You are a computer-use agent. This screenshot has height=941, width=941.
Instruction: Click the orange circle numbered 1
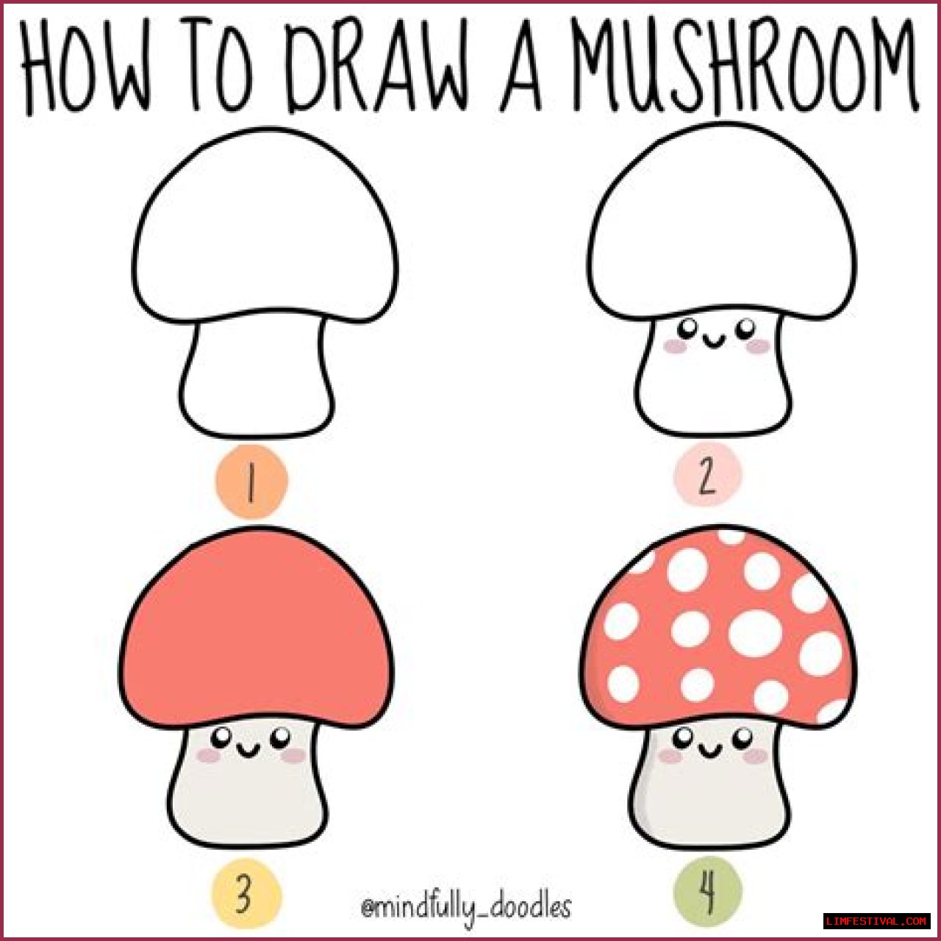tap(251, 481)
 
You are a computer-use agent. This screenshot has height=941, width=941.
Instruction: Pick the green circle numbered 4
tap(707, 892)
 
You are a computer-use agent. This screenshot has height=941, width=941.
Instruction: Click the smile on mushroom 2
tap(715, 340)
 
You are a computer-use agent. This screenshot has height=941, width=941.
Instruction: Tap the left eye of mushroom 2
tap(689, 326)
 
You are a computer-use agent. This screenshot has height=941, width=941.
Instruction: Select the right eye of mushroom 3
tap(281, 735)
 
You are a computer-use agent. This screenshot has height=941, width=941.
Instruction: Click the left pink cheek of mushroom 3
tap(209, 756)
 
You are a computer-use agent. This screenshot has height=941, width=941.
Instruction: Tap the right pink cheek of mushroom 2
tap(759, 346)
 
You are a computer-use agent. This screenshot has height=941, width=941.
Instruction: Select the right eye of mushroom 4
tap(743, 735)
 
